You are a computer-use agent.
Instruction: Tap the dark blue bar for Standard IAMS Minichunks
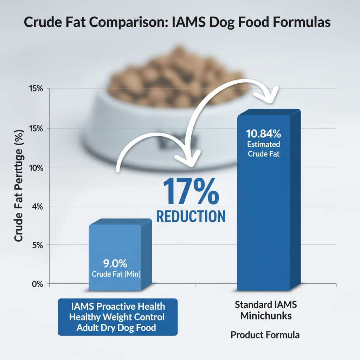[x=267, y=211]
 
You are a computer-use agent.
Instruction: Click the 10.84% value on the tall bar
[x=263, y=134]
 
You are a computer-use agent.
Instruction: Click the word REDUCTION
[x=191, y=216]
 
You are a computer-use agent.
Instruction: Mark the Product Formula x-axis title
[x=265, y=335]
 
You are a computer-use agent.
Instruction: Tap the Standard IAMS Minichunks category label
[x=266, y=310]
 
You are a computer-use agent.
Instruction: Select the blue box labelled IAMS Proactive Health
[x=117, y=317]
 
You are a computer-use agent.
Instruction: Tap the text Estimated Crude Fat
[x=263, y=149]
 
